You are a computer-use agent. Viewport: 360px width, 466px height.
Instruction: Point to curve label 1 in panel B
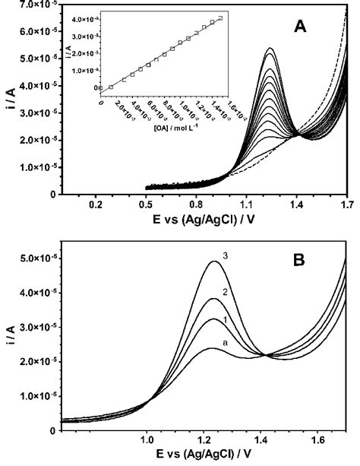(225, 321)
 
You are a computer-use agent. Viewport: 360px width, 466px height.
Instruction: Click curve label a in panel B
(223, 344)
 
